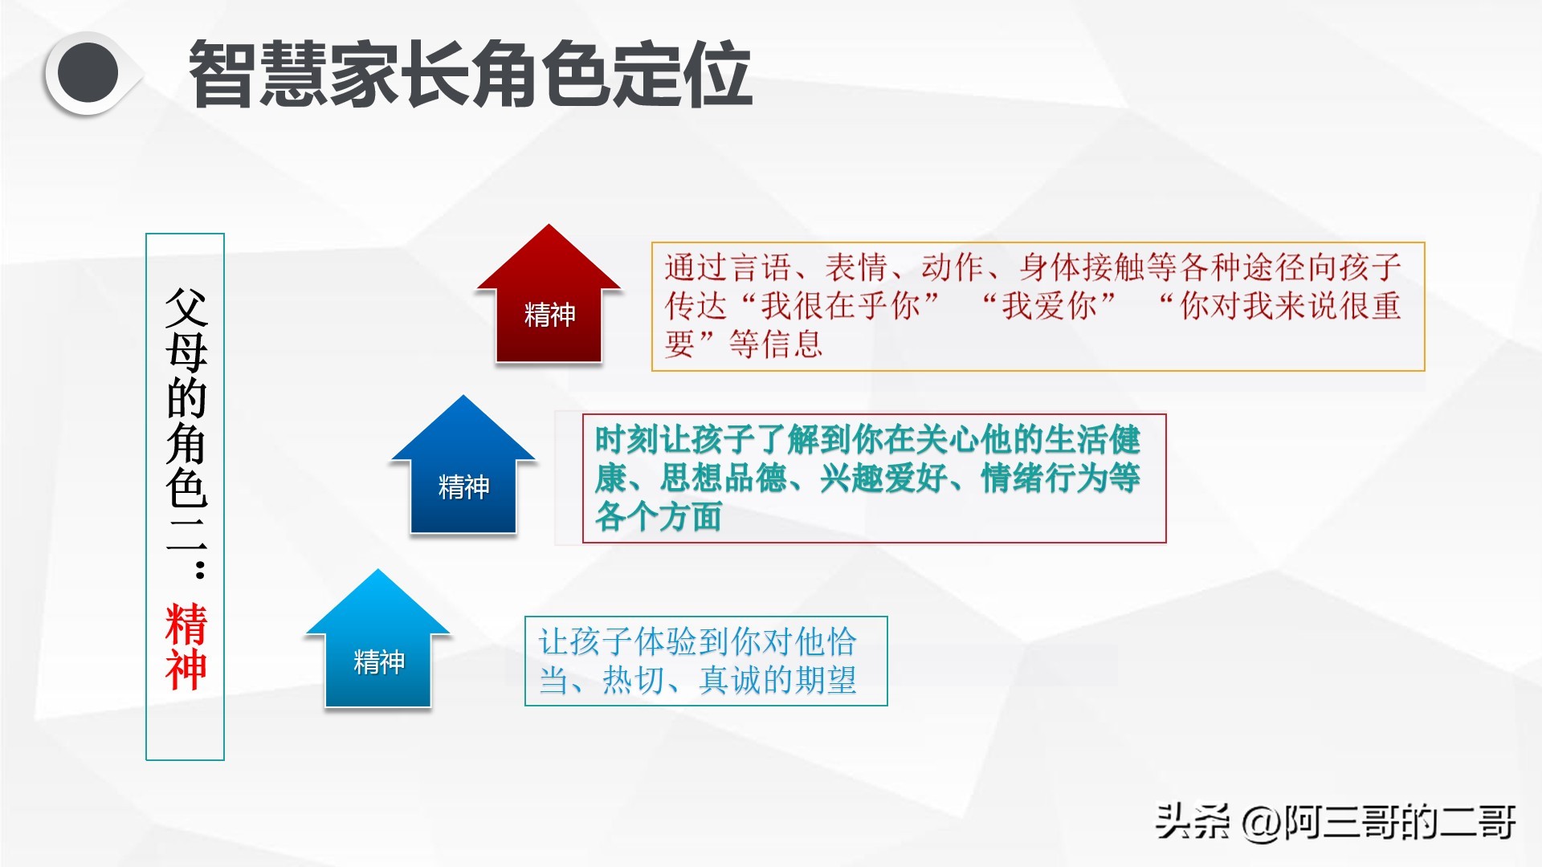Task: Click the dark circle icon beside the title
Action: (88, 74)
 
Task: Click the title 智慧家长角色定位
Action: (471, 74)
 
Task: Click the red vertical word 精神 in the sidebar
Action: (186, 647)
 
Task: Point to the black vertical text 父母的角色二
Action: (186, 417)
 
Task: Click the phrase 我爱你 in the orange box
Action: (1049, 306)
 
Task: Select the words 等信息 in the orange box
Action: (776, 344)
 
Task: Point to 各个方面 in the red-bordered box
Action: (659, 516)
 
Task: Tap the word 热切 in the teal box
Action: (634, 681)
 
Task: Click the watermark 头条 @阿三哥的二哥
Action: (1336, 822)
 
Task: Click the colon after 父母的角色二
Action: (200, 568)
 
